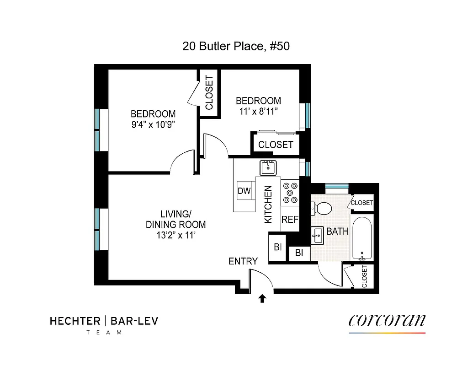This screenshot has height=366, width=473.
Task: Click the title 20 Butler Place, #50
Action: point(236,46)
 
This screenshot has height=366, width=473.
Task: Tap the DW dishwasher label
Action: point(244,191)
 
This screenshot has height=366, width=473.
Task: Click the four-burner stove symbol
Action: point(290,193)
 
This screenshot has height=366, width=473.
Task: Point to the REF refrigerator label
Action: point(289,220)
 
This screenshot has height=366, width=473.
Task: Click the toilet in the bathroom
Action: point(323,208)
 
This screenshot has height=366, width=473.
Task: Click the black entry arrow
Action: point(262,299)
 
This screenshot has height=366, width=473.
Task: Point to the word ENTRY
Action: point(243,261)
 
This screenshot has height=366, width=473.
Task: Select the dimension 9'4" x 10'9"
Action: point(153,124)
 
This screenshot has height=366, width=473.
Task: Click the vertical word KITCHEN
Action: point(268,204)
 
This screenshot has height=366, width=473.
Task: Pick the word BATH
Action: point(337,231)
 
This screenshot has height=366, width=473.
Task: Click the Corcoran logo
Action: point(387,320)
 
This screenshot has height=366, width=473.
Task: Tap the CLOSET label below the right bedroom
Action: point(276,145)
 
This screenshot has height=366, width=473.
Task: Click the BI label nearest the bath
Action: point(299,253)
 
